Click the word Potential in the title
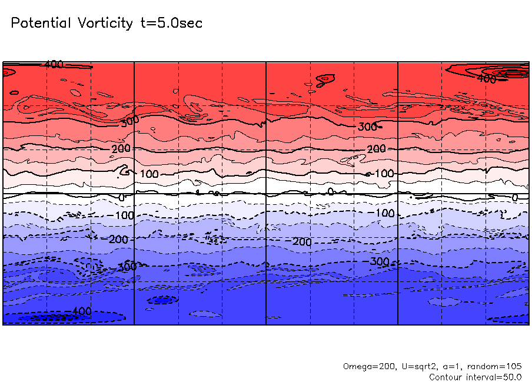click(x=41, y=24)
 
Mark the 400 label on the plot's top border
click(x=54, y=64)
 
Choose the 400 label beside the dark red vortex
click(x=486, y=78)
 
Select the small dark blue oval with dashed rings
click(x=162, y=300)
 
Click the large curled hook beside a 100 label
click(x=123, y=171)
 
